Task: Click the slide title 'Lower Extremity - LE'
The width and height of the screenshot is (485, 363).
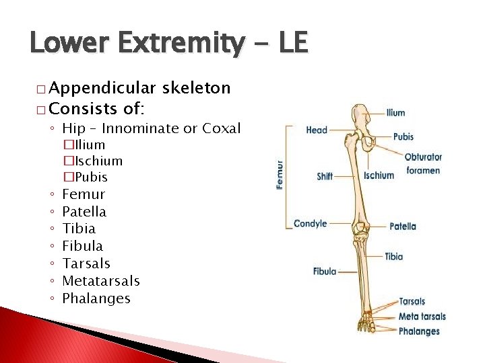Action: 168,44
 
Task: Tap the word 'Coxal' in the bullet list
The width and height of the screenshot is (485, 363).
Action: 222,128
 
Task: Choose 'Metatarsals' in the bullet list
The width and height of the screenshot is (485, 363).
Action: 100,280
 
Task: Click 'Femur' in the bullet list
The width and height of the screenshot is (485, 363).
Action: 84,194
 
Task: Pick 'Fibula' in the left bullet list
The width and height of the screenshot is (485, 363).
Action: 82,245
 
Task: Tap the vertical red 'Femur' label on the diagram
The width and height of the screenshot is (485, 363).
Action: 280,173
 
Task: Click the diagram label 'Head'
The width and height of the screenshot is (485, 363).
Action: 316,130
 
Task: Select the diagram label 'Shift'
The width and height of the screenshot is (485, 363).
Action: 325,176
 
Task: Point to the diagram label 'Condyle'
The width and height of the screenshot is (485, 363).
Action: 310,224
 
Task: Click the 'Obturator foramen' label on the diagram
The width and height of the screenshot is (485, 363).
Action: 423,163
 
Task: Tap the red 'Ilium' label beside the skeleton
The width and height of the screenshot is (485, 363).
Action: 396,113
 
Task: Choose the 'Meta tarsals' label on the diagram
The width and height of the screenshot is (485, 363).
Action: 422,317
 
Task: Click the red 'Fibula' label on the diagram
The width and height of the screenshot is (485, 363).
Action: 324,272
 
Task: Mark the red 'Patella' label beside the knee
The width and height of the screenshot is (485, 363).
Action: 403,227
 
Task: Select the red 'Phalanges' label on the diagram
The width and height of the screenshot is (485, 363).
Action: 419,331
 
